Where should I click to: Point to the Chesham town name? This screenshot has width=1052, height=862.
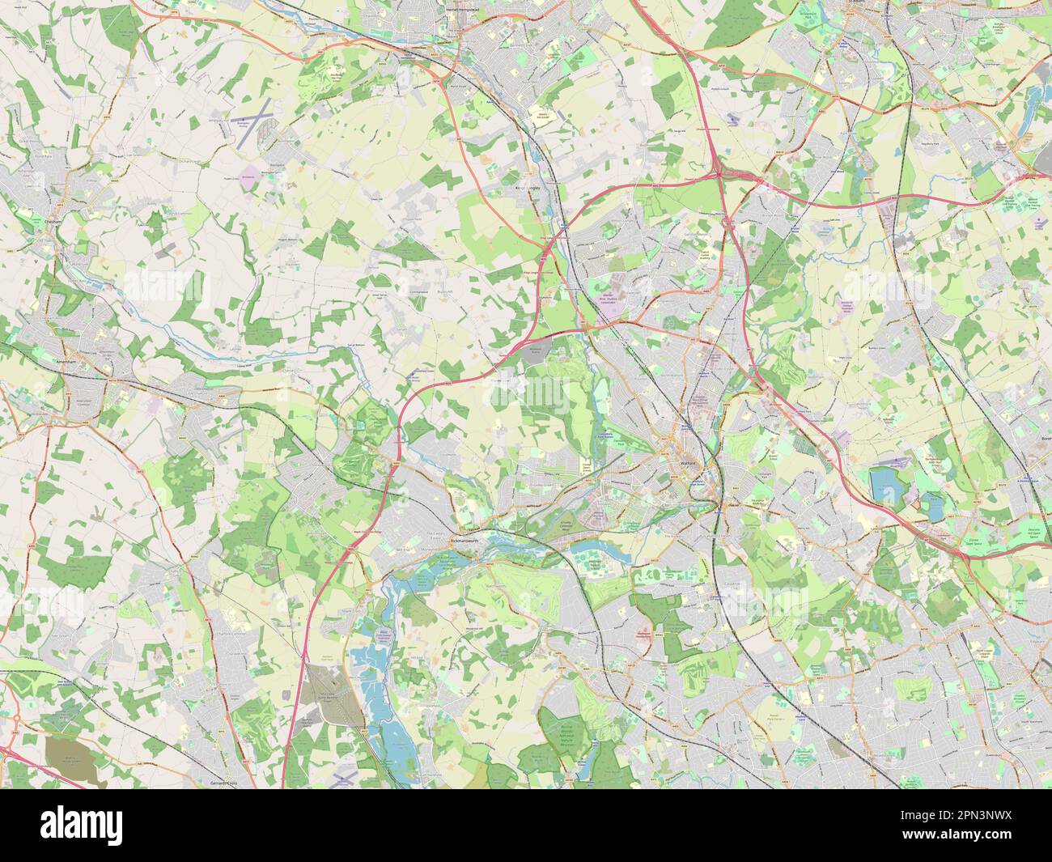coord(54,220)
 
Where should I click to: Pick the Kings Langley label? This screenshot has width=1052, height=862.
coord(527,187)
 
